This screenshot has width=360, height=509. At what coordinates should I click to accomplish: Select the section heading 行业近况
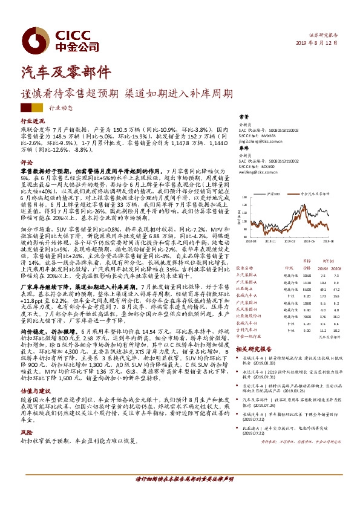33,122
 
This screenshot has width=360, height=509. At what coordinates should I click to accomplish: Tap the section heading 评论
27,163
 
